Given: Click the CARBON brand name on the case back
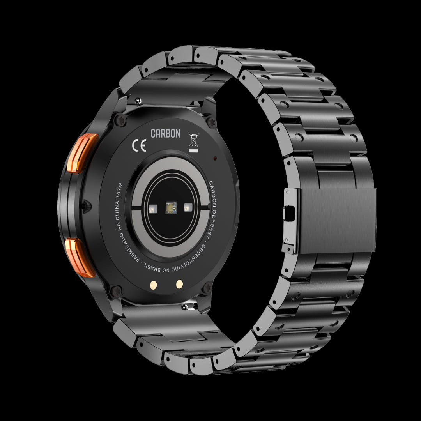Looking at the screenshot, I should pos(165,133).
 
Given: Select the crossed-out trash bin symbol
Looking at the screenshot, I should pos(193,142).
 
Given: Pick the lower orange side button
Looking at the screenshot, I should pos(80,258).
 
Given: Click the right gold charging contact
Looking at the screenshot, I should pos(179,284).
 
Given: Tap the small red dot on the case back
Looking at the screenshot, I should pos(215,158).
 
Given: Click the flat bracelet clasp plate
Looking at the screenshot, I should pos(337,220).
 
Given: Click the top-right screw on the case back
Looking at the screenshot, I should pos(212,123).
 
